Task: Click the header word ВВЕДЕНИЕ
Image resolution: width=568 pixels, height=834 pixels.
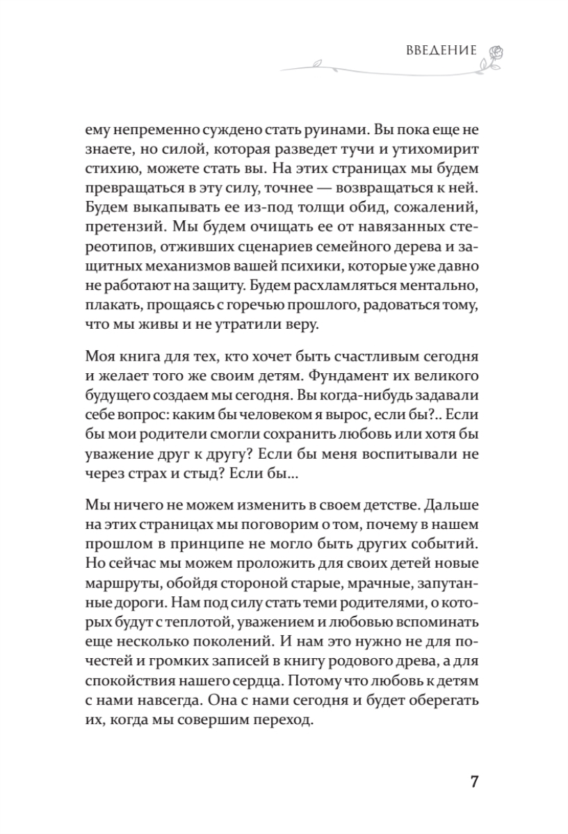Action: pyautogui.click(x=440, y=51)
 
